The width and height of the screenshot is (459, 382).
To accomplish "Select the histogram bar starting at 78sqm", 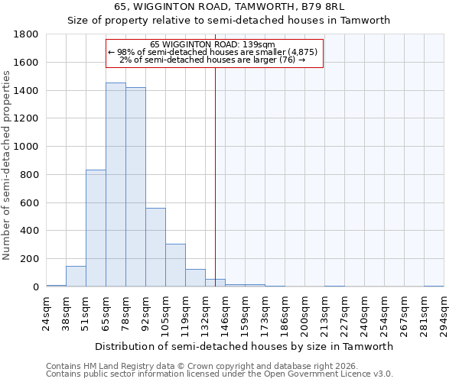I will (x=135, y=187).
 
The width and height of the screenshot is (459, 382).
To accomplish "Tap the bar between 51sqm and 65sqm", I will (x=96, y=228).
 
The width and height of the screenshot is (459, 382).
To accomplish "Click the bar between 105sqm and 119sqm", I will (x=175, y=265).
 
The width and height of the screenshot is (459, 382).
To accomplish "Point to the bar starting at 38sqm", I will (x=76, y=277).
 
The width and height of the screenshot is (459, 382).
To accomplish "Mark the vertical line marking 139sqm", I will (x=216, y=176).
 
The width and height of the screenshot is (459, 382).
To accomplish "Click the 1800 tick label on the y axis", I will (x=27, y=34).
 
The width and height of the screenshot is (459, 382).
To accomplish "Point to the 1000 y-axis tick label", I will (x=27, y=147).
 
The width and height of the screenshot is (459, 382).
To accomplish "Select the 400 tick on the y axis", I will (x=30, y=231).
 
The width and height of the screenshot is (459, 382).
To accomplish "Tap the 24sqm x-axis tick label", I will (x=46, y=312).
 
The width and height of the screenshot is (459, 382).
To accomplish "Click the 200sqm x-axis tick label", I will (x=304, y=312).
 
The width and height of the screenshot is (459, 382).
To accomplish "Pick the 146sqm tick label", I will (x=225, y=312).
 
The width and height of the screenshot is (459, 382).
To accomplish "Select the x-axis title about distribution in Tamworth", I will (x=244, y=346).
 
